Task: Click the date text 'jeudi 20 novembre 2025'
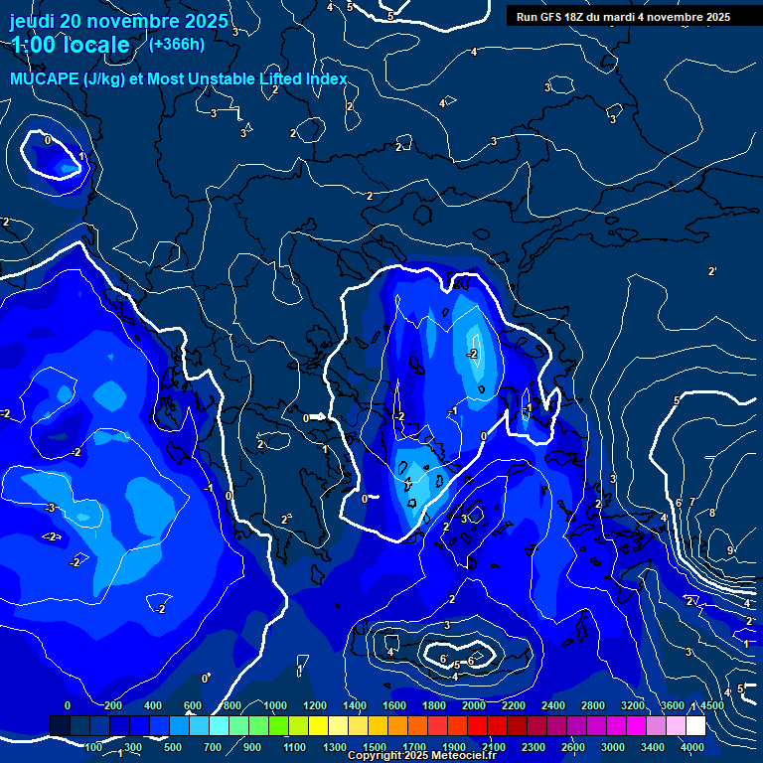119,21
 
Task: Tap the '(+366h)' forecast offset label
176,44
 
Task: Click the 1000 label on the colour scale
275,705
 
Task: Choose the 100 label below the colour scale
94,747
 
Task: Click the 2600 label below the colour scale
573,747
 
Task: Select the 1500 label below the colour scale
375,747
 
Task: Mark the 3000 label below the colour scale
613,747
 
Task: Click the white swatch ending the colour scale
695,726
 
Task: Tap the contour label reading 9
730,550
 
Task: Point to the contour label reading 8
711,513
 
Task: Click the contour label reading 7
692,503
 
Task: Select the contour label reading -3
50,508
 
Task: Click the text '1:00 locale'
71,45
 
